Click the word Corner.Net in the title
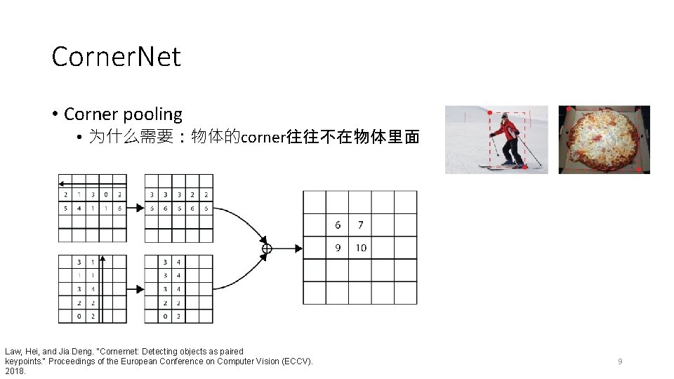click(116, 57)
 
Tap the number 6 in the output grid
click(338, 225)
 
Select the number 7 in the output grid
click(360, 225)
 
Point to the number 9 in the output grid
click(338, 248)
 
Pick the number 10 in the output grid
click(360, 248)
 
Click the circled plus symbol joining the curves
click(267, 248)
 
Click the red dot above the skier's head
click(489, 112)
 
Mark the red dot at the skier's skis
click(524, 168)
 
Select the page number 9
click(620, 361)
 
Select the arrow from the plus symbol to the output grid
click(288, 248)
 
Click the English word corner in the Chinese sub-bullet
click(263, 137)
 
